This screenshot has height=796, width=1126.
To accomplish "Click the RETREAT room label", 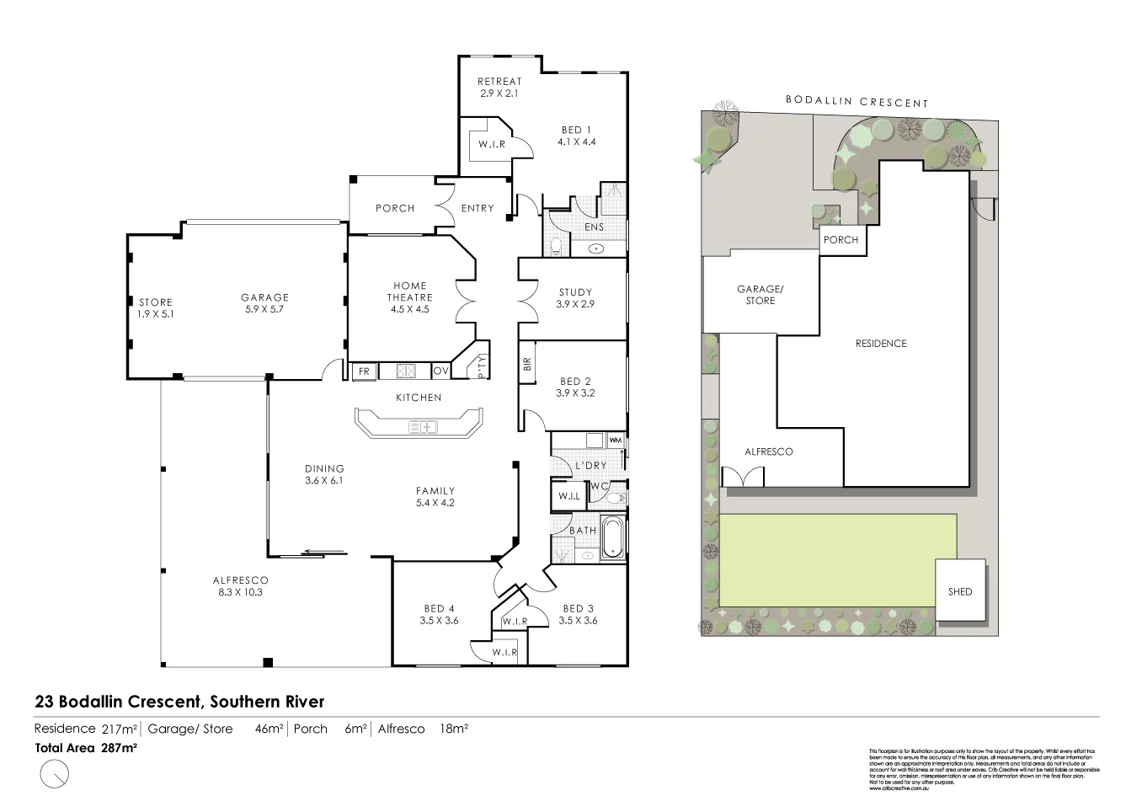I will tap(499, 82).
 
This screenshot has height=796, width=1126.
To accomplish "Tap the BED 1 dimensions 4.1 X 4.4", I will tap(577, 142).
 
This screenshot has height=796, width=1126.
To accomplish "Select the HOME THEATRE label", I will tap(409, 291).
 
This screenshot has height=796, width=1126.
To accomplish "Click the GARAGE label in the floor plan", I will tap(264, 297).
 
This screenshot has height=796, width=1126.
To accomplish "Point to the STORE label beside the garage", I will tap(156, 302).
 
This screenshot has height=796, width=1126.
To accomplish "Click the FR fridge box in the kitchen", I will tap(364, 371).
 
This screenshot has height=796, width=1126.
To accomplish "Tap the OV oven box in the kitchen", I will tap(440, 371).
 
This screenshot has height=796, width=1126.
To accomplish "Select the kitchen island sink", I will tap(424, 427).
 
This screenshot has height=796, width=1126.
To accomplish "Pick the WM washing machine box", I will tap(615, 440).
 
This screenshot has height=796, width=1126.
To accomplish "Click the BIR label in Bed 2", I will tap(527, 364).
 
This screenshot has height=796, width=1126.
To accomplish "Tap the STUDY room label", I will tap(575, 292).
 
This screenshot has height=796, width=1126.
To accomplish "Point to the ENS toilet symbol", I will tap(555, 246).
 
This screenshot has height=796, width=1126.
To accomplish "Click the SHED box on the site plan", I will tap(960, 590).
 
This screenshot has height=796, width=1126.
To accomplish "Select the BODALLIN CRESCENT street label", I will tap(857, 101).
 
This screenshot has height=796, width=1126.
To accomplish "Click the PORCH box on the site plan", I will tap(840, 239).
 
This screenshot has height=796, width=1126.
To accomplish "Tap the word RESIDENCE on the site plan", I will tap(881, 343).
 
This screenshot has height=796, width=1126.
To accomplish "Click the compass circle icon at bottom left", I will tap(55, 772).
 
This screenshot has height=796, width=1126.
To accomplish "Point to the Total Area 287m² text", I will tap(86, 746).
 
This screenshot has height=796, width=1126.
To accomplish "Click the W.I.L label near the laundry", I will tap(569, 497).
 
